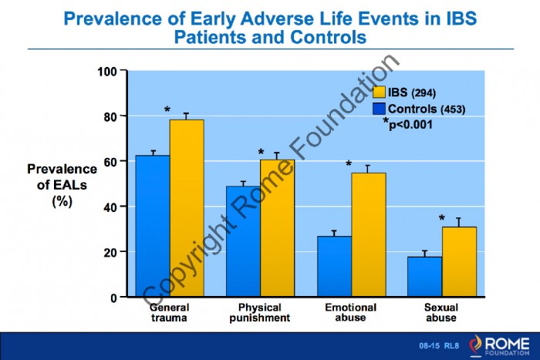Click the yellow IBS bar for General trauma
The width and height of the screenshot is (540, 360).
click(x=187, y=208)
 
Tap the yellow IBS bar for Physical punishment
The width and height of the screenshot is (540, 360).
click(x=276, y=228)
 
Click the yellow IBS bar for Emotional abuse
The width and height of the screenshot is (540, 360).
click(x=368, y=234)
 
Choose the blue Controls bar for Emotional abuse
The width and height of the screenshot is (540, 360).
click(x=334, y=266)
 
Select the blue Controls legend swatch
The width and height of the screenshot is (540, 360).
click(x=380, y=108)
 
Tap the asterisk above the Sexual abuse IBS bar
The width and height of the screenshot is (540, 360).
click(x=442, y=219)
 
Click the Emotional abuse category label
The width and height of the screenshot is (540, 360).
click(x=351, y=312)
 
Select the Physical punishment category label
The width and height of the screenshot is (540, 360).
click(x=260, y=312)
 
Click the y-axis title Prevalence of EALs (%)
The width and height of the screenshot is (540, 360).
click(x=62, y=184)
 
